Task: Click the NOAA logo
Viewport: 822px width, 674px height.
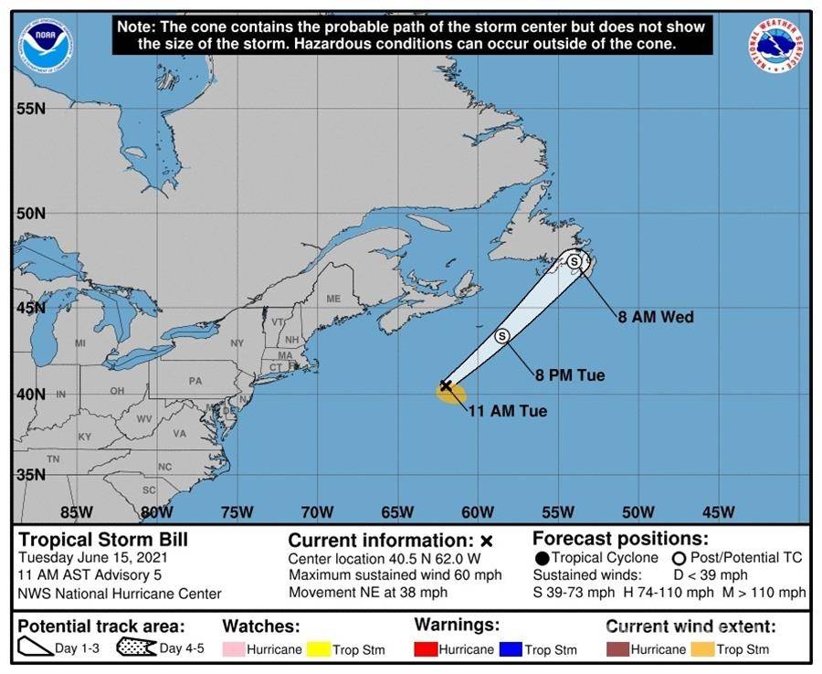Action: tap(47, 45)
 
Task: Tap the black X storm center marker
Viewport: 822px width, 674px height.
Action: tap(446, 385)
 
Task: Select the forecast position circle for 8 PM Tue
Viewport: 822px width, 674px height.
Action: tap(501, 336)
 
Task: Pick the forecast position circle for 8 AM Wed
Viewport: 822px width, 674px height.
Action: tap(574, 261)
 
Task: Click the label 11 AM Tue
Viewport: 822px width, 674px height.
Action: tap(507, 412)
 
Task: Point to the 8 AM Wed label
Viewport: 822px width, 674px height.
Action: tap(656, 318)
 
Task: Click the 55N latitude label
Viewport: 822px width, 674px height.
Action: tap(30, 109)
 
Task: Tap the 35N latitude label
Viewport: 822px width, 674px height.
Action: tap(30, 475)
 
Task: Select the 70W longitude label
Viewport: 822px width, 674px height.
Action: tap(317, 511)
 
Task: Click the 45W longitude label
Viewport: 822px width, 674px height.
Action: tap(719, 511)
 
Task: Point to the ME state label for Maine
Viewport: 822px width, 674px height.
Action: tap(332, 299)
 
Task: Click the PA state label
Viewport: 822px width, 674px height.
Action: tap(195, 381)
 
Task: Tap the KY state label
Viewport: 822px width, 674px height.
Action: tap(85, 437)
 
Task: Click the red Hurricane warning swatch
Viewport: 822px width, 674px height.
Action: tap(426, 649)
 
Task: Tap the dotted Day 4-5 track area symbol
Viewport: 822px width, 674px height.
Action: tap(135, 648)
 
